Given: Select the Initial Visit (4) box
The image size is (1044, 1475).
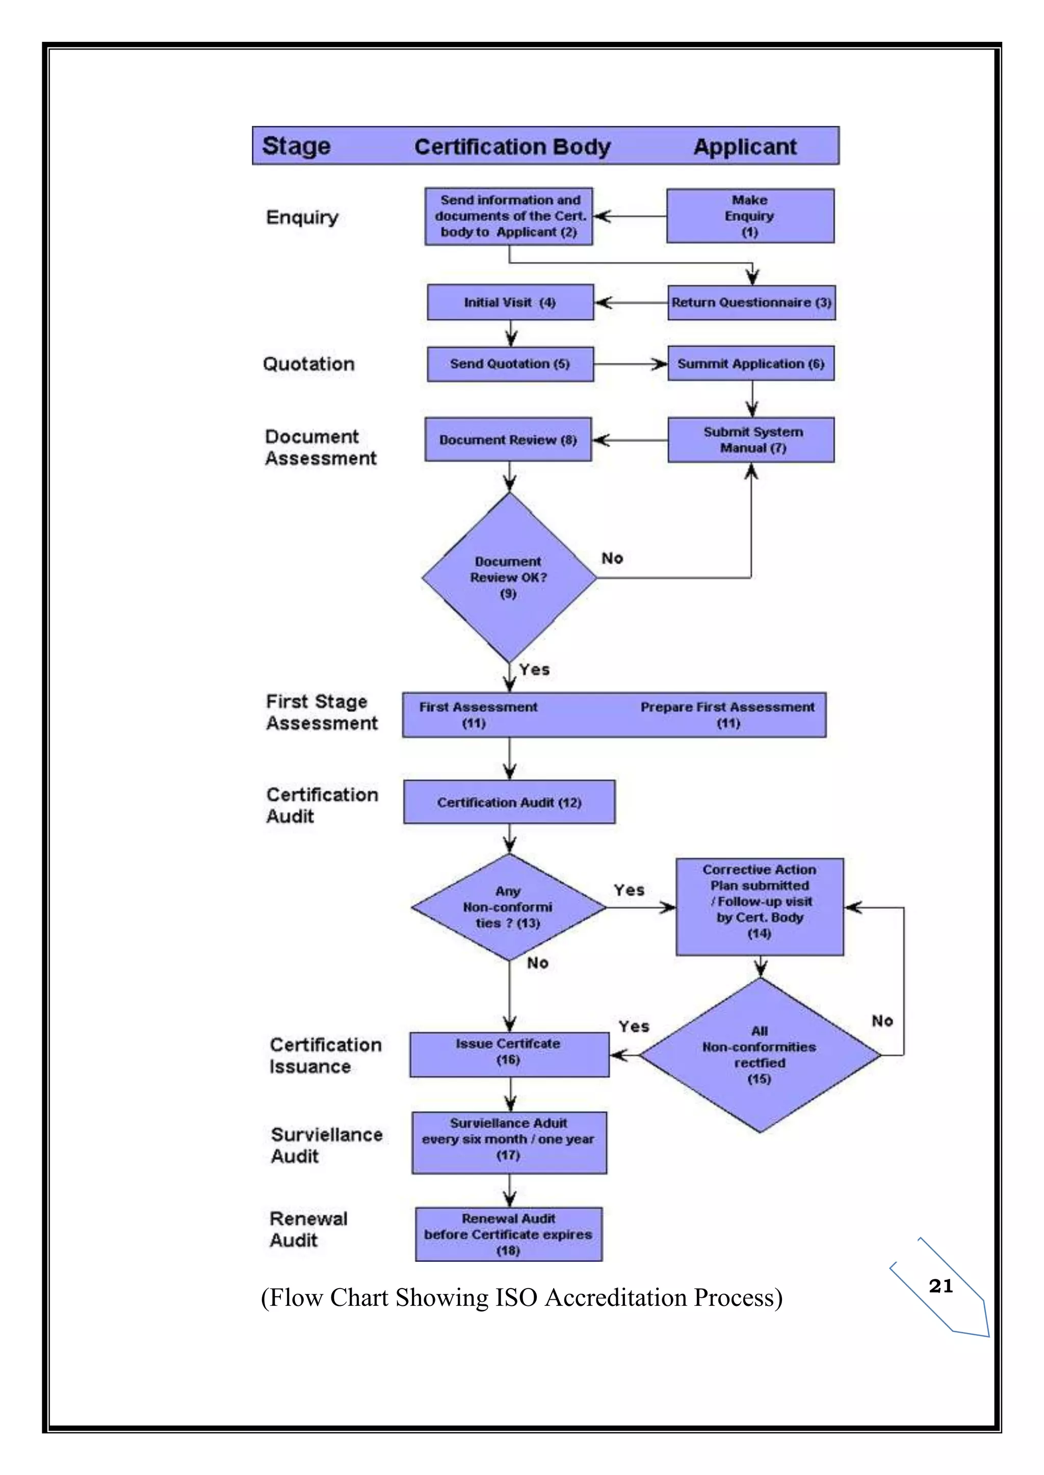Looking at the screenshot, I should point(510,302).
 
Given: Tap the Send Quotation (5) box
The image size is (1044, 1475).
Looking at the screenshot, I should point(510,364).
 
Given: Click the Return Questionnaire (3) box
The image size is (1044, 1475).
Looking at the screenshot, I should point(751,303).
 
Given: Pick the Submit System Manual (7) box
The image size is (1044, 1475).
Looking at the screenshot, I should point(751,440).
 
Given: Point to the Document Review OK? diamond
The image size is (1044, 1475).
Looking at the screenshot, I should point(509,577).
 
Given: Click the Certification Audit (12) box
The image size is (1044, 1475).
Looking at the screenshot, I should point(509,802).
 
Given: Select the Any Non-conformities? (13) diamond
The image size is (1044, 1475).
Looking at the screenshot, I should point(509,907).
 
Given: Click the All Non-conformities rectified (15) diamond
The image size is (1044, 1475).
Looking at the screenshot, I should point(760,1055).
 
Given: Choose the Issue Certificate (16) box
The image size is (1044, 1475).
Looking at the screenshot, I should point(509,1054).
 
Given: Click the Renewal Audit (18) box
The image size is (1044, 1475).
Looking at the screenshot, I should point(509,1234).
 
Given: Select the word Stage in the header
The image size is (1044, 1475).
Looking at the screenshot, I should point(296,147).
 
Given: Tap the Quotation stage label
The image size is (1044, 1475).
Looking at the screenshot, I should point(308,364).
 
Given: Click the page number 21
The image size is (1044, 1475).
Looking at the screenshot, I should point(941,1286).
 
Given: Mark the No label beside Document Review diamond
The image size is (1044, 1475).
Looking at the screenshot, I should point(612,558).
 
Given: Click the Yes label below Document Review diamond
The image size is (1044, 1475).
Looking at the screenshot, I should point(534,669).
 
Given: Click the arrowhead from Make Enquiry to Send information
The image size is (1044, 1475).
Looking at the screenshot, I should point(601,216).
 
